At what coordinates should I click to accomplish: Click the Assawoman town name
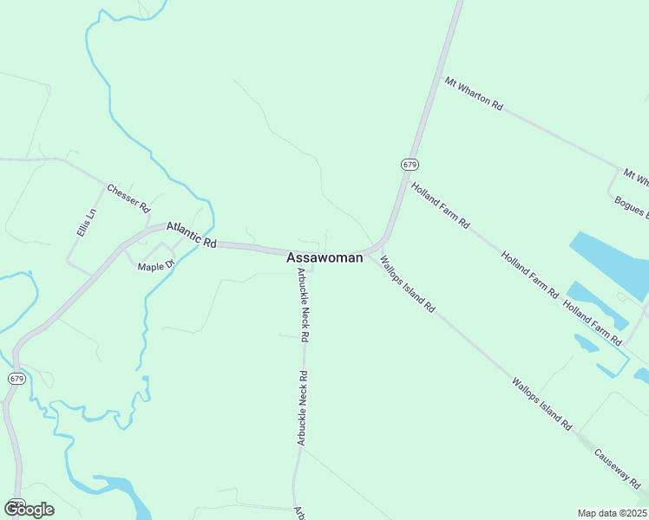[x=324, y=258]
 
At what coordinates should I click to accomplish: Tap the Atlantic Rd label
[x=191, y=236]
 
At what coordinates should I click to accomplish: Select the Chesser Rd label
[x=128, y=198]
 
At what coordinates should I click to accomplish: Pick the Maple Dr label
[x=156, y=264]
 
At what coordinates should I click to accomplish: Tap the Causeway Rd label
[x=619, y=466]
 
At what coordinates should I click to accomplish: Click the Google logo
[x=29, y=509]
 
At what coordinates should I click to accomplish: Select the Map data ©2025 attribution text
[x=612, y=513]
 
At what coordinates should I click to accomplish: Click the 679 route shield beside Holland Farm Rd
[x=410, y=164]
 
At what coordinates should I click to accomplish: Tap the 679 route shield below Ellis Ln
[x=16, y=379]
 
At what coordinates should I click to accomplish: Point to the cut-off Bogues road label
[x=631, y=209]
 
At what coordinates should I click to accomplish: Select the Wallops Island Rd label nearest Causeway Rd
[x=541, y=404]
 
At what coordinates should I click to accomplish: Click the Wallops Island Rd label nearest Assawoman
[x=407, y=284]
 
